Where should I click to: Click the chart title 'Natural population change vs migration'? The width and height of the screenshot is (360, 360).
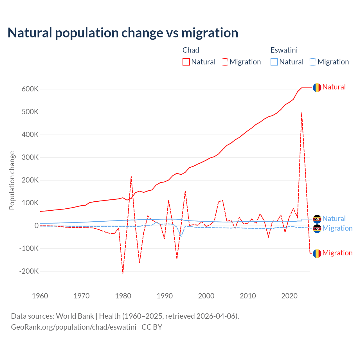click(x=123, y=33)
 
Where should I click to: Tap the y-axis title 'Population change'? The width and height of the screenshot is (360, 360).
click(x=12, y=180)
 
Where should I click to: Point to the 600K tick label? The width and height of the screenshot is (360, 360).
click(x=30, y=89)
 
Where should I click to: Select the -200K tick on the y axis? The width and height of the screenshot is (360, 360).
click(x=29, y=271)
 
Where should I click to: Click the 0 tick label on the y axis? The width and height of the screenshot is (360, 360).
click(x=37, y=226)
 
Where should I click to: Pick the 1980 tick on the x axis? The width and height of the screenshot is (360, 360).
click(x=123, y=296)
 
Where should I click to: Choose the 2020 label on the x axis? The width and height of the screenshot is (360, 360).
click(x=289, y=296)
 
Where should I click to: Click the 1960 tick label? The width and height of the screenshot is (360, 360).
click(x=40, y=296)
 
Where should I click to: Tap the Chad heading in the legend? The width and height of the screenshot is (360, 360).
click(x=191, y=50)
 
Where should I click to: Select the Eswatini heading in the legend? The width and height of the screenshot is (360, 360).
click(x=284, y=50)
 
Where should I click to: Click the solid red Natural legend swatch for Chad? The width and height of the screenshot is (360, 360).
click(x=186, y=62)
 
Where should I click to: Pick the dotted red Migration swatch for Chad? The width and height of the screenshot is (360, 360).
click(x=224, y=62)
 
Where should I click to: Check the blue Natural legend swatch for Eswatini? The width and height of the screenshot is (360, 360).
click(x=274, y=62)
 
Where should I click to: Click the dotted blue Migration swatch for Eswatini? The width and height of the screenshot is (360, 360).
click(x=312, y=62)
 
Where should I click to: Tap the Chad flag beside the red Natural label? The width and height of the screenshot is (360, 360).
click(x=317, y=87)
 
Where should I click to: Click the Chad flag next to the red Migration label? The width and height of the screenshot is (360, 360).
click(x=317, y=253)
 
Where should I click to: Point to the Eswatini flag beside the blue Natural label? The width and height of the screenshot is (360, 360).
click(x=317, y=219)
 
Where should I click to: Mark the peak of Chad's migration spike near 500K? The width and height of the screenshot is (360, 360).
click(x=302, y=113)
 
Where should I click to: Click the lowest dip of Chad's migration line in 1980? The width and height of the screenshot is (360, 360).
click(x=123, y=273)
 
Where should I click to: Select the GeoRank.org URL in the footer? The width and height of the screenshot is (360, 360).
click(x=74, y=327)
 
